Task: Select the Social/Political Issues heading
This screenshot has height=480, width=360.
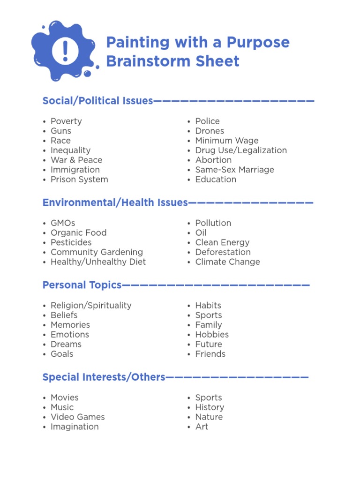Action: [x=97, y=101]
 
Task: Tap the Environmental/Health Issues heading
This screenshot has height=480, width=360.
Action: [x=115, y=202]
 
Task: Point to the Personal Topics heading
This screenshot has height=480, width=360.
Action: [x=82, y=285]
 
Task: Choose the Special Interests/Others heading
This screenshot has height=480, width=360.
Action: [x=104, y=377]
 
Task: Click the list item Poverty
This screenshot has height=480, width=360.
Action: [x=66, y=121]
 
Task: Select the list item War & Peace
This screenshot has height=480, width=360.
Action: [x=76, y=160]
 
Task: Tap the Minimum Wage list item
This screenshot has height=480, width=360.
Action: [x=227, y=141]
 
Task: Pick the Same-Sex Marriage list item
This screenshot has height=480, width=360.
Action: [x=234, y=170]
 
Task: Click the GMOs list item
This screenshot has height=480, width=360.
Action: [x=63, y=223]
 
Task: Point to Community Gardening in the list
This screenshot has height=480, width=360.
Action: [x=97, y=252]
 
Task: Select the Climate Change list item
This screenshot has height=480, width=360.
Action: [x=227, y=262]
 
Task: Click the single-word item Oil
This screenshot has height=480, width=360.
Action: [x=201, y=233]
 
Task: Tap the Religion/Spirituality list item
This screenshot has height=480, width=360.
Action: [x=91, y=306]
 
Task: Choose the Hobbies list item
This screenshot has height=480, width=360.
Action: [x=212, y=335]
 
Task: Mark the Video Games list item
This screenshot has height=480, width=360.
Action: [x=77, y=417]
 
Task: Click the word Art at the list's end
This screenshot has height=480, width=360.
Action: [x=202, y=427]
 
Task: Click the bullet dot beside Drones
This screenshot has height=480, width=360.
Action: [x=188, y=131]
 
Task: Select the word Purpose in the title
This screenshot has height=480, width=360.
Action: [x=258, y=43]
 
